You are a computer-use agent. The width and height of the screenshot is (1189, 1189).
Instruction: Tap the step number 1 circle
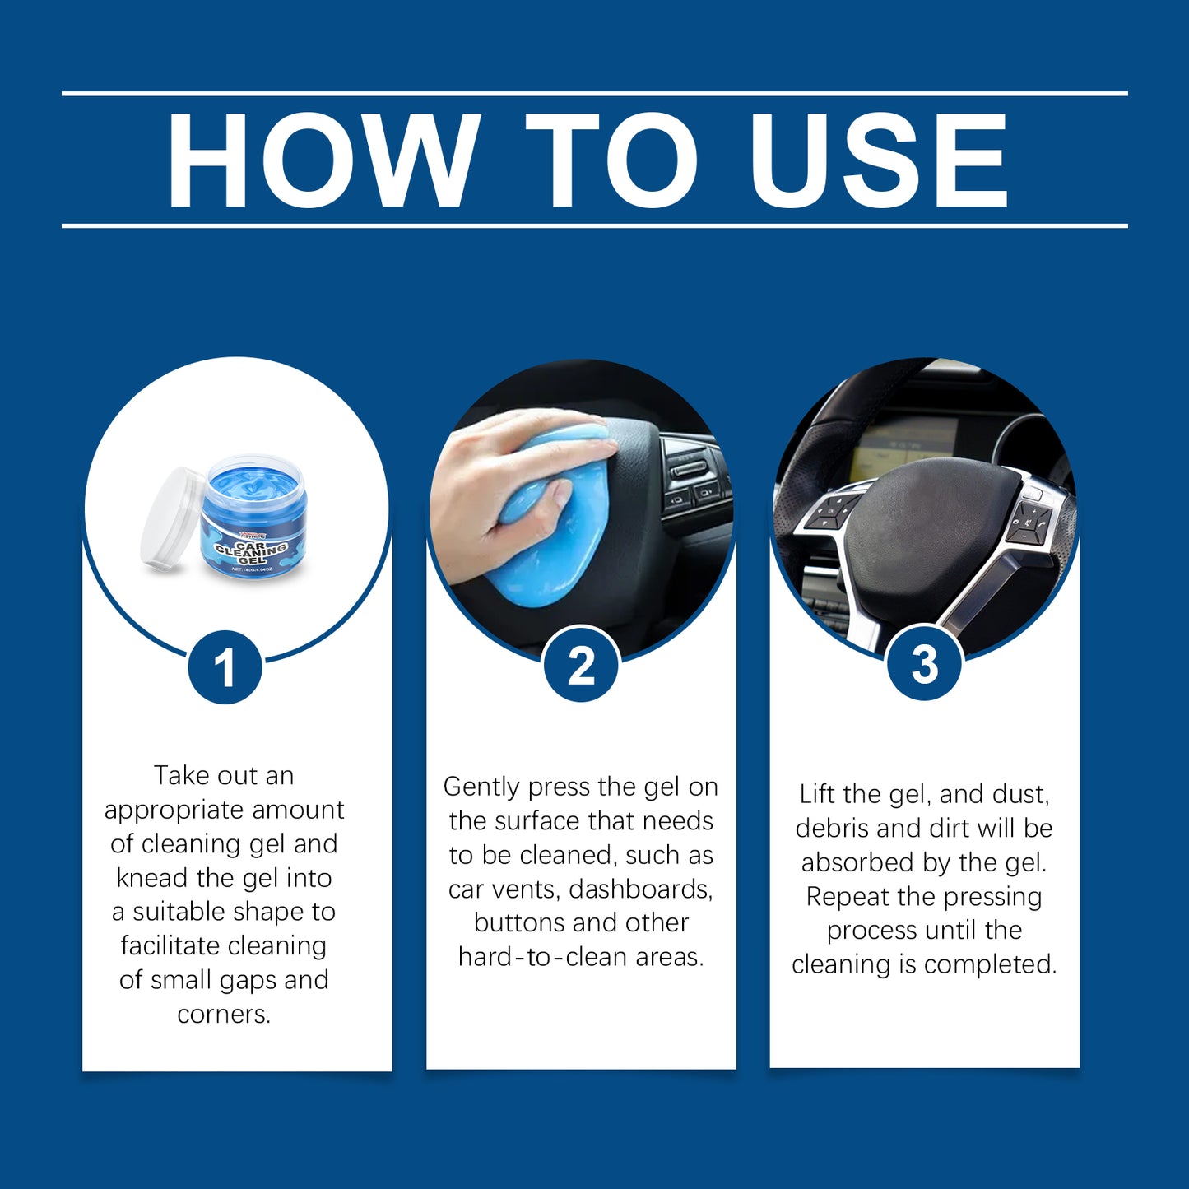225,667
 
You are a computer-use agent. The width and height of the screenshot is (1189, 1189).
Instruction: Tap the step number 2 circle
581,665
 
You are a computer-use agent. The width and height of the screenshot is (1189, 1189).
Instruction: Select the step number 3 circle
924,664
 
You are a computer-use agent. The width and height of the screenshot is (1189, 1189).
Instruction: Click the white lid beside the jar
170,518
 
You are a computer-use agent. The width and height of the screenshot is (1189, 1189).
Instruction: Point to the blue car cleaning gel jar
254,520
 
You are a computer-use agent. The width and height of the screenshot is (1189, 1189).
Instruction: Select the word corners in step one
224,1014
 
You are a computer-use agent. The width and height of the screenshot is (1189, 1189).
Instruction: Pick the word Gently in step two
482,787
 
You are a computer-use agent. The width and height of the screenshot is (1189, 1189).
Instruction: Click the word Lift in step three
817,794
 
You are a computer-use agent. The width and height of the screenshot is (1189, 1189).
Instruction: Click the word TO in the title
612,160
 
